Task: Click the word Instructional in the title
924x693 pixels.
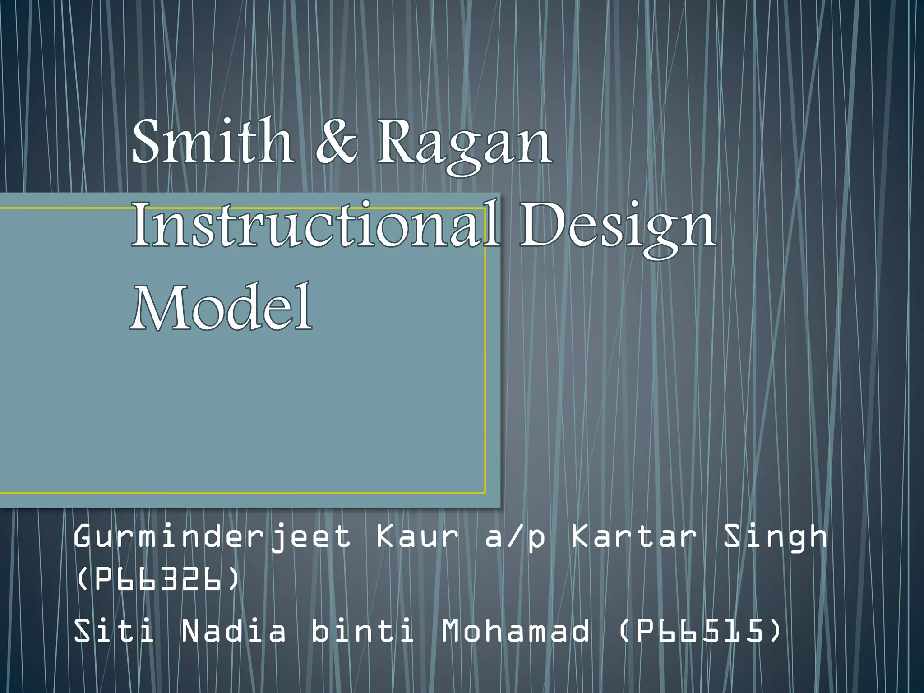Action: [x=316, y=224]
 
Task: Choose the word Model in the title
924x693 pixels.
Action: [x=221, y=307]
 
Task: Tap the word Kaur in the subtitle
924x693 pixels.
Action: [x=417, y=537]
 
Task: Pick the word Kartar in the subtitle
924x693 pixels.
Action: [x=634, y=537]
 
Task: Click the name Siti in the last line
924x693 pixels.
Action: [x=114, y=630]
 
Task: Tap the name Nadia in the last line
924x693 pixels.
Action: [x=233, y=630]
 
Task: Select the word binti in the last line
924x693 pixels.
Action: [x=362, y=630]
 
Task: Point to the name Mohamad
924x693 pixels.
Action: [x=515, y=630]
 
